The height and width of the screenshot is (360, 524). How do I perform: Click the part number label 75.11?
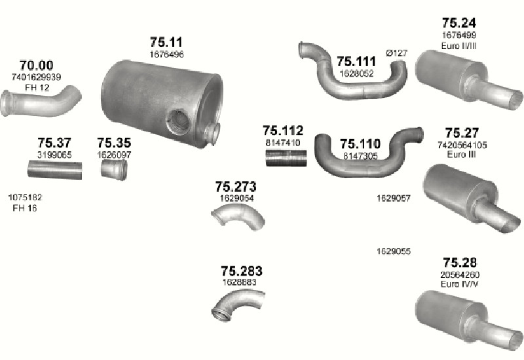tap(166, 43)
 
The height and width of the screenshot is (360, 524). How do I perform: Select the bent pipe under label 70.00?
tap(40, 103)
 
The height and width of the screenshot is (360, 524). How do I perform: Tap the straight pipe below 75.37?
tap(54, 170)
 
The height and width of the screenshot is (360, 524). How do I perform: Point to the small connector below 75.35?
tap(114, 170)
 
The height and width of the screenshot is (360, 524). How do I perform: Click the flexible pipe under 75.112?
tap(286, 158)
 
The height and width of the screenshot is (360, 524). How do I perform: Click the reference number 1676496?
tap(166, 54)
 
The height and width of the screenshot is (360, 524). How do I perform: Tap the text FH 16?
tap(25, 208)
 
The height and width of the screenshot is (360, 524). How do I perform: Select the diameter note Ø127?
tap(397, 53)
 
